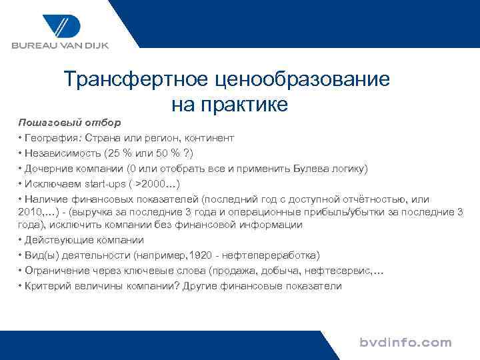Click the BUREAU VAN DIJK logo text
[59, 46]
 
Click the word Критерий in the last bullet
[46, 286]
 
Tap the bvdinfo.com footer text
[405, 343]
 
